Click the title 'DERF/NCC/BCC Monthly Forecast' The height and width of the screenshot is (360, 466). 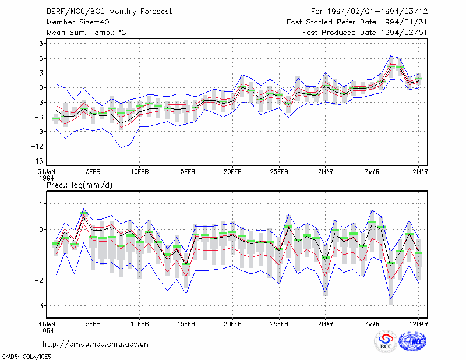click(109, 12)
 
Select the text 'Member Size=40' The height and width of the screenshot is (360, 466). click(78, 22)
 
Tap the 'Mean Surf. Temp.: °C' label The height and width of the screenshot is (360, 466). click(86, 33)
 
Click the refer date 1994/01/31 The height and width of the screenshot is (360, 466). click(404, 22)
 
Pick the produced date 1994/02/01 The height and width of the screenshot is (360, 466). click(404, 33)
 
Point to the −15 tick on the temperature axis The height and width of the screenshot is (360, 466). click(37, 161)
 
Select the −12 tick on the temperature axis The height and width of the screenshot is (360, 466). click(37, 146)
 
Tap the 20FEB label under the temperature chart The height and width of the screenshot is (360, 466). click(232, 172)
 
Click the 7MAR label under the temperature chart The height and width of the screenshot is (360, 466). click(372, 172)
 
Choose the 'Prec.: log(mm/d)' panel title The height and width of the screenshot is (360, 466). click(79, 185)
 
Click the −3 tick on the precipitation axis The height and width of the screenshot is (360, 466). click(39, 306)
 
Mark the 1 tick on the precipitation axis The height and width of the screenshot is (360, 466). click(41, 204)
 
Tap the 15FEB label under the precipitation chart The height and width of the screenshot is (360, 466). click(186, 324)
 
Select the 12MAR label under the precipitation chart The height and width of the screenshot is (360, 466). click(418, 324)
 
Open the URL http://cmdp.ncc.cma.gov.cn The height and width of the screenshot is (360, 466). click(96, 344)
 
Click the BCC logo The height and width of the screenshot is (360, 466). click(386, 341)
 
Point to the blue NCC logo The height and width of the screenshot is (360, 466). click(412, 341)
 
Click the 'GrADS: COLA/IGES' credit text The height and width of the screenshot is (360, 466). click(26, 357)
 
